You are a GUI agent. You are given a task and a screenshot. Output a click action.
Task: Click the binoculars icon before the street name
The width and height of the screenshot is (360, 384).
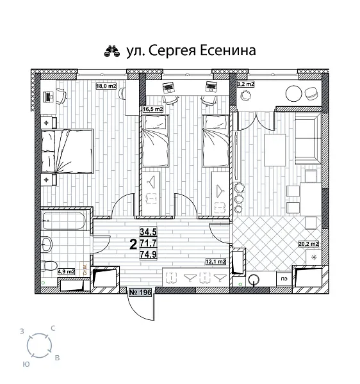111,51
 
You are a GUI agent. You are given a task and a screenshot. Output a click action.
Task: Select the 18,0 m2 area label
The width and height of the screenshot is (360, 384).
106,86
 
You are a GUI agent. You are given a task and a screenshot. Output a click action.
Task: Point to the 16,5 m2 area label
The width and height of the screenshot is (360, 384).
152,109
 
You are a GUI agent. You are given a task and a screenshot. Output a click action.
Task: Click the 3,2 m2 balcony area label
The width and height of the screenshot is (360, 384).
245,84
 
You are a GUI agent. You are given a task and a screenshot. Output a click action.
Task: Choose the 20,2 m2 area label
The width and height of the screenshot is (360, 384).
307,243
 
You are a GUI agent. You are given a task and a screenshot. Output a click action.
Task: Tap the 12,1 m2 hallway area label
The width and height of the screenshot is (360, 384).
215,261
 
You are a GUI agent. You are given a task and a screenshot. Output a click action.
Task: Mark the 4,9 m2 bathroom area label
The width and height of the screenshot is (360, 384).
67,271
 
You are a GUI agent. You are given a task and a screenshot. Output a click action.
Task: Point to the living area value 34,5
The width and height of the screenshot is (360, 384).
149,232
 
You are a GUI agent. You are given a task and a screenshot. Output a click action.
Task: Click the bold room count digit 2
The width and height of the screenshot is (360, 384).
133,243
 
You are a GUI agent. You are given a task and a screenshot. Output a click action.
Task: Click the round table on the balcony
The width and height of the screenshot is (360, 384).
294,92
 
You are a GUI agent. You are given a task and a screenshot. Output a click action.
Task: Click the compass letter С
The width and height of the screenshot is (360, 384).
53,328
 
